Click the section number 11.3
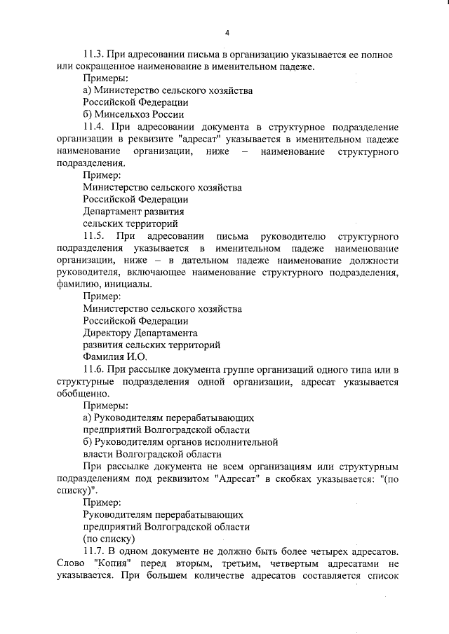coord(94,54)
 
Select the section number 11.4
coord(94,127)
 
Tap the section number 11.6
coord(94,369)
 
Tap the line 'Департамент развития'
coord(133,212)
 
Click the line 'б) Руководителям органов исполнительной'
coord(180,442)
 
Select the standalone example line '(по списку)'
coord(109,539)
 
